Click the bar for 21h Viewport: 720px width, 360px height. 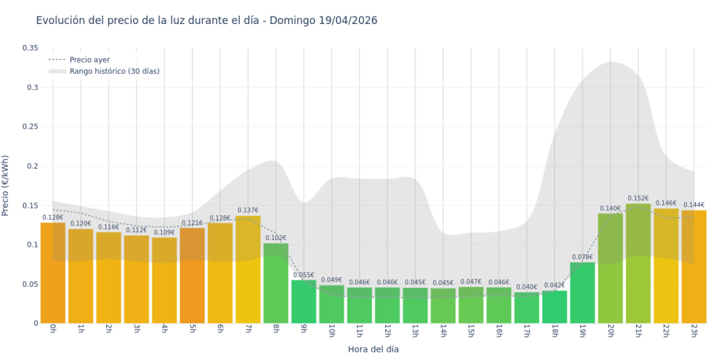click(x=638, y=263)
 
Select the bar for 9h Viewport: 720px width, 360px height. click(x=304, y=302)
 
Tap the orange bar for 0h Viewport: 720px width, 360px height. click(x=53, y=273)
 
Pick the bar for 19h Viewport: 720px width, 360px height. click(x=582, y=293)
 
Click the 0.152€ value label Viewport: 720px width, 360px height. click(x=638, y=198)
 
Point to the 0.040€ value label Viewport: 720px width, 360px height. click(x=526, y=287)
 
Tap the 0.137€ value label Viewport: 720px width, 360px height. click(x=248, y=210)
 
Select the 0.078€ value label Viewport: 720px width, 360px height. click(x=582, y=257)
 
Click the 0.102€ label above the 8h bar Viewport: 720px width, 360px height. click(x=276, y=238)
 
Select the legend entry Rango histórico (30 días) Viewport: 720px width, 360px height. click(x=114, y=71)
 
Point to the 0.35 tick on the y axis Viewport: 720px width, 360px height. click(x=30, y=48)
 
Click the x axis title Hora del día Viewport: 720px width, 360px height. click(x=373, y=349)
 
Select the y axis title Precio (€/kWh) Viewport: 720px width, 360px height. click(x=6, y=186)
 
